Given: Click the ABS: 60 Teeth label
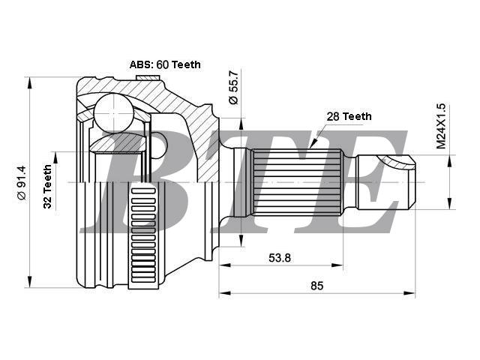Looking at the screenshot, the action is click(165, 64).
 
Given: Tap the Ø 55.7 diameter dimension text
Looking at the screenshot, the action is click(233, 88).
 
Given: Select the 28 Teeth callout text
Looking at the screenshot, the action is click(349, 116).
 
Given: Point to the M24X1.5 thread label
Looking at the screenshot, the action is click(441, 126).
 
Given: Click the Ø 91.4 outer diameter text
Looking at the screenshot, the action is click(22, 183).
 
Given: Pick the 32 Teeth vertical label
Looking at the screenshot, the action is click(47, 187).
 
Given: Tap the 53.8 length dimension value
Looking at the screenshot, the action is click(280, 258).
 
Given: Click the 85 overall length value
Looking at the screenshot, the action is click(316, 286).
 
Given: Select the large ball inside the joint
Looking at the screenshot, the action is click(113, 112).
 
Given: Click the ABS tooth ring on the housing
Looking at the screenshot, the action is click(143, 235).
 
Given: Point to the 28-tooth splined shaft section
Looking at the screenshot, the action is click(297, 182).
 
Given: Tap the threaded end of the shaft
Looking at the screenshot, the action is click(385, 182).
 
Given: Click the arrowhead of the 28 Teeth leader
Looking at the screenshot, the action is click(313, 144).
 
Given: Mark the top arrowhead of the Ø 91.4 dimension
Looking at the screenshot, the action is click(30, 82).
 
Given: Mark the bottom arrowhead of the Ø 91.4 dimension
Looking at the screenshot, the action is click(30, 282).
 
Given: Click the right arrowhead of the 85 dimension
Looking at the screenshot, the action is click(409, 293).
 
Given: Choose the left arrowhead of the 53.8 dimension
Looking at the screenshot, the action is click(225, 265).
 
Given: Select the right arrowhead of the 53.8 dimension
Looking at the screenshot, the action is click(337, 265).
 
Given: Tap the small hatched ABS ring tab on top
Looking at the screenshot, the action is click(148, 78).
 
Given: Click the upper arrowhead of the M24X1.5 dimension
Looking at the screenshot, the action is click(449, 160).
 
